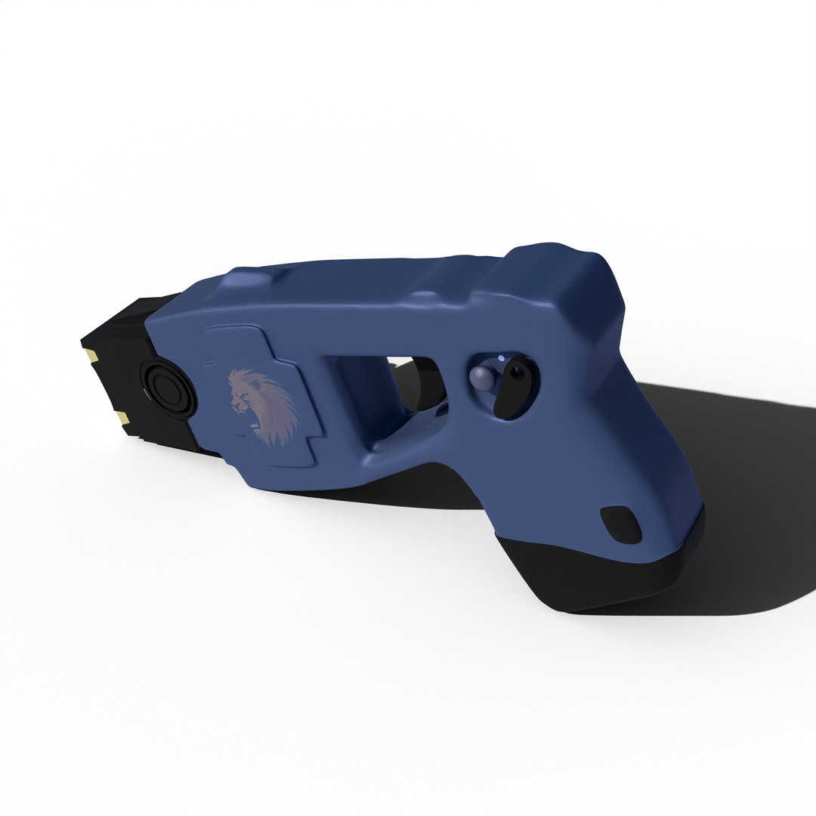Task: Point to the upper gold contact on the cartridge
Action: (92, 354)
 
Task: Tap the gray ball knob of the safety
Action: (481, 378)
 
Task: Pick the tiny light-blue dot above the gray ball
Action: (500, 357)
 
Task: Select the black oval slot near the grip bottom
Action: (621, 524)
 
